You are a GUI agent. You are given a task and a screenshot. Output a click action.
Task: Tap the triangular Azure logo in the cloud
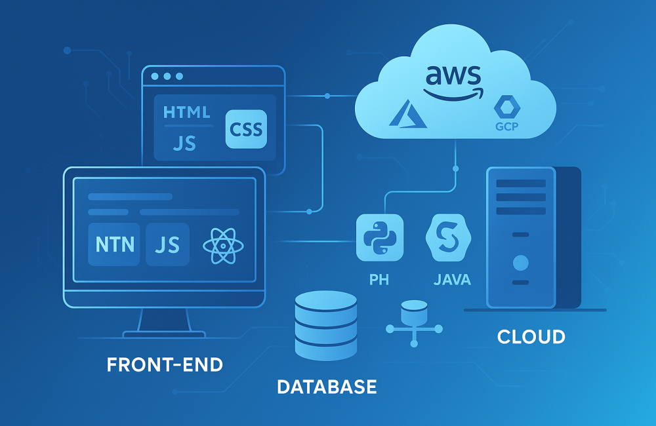pyautogui.click(x=408, y=113)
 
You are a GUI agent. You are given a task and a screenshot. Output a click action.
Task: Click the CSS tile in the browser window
pyautogui.click(x=246, y=128)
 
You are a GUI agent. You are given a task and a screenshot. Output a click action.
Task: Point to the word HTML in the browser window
pyautogui.click(x=187, y=112)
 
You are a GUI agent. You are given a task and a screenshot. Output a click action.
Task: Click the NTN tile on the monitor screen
pyautogui.click(x=115, y=244)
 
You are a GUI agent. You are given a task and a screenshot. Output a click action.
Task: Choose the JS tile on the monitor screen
pyautogui.click(x=167, y=244)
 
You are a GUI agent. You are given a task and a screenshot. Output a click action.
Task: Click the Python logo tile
pyautogui.click(x=379, y=238)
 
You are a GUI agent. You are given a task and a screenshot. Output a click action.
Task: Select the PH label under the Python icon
pyautogui.click(x=379, y=280)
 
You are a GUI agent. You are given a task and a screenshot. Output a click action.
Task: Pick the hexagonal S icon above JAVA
pyautogui.click(x=449, y=238)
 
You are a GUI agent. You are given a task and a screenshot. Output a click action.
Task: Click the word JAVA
pyautogui.click(x=452, y=280)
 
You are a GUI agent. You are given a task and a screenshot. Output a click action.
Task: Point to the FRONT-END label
pyautogui.click(x=165, y=364)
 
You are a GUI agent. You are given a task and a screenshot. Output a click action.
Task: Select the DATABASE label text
pyautogui.click(x=327, y=386)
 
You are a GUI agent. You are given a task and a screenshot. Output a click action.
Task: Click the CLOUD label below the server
pyautogui.click(x=531, y=337)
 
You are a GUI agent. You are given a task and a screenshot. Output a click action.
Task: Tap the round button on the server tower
pyautogui.click(x=520, y=263)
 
